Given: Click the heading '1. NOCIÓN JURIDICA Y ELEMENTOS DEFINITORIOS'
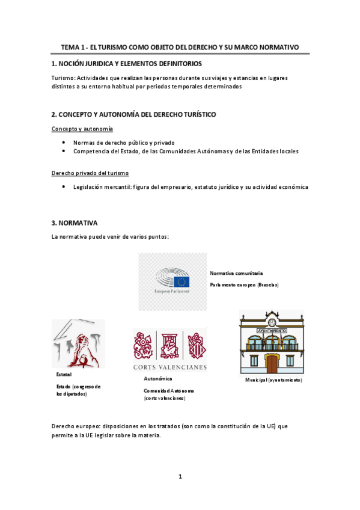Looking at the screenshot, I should coord(126,63).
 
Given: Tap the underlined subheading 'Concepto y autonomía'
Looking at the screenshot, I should coord(82,129).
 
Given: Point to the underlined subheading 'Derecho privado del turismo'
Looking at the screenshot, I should coord(90,173).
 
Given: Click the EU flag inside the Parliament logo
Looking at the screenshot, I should coord(182,281).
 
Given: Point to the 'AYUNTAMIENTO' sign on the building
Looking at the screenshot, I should coord(272,331).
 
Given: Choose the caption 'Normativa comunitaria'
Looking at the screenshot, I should coord(236,273).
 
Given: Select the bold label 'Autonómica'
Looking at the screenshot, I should coord(158,379).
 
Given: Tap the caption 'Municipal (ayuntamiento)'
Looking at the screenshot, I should coord(273,381).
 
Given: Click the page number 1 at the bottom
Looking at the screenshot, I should coord(180,477).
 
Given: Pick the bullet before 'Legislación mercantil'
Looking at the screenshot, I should coord(64,187).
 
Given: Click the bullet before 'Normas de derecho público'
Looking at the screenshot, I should coord(64,143).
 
